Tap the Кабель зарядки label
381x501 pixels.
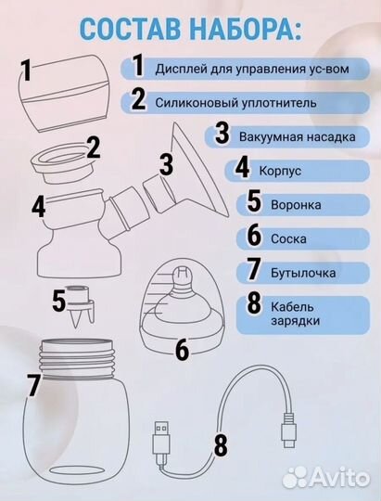(298, 315)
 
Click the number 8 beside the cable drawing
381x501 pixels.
(220, 444)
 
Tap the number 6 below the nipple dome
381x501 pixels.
(181, 351)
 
